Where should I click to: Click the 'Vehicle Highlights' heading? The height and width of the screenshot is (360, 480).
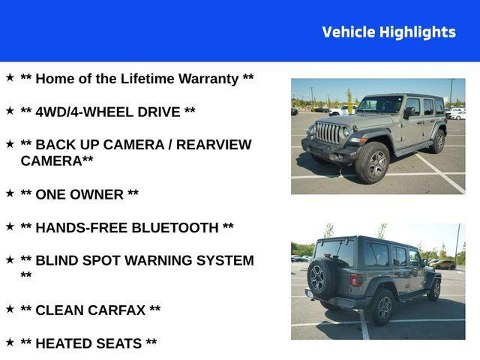(388, 32)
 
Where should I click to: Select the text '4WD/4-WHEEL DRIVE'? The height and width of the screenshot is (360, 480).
(108, 112)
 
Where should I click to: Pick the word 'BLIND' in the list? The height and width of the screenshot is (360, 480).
(58, 260)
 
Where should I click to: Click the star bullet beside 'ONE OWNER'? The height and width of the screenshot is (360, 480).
(10, 193)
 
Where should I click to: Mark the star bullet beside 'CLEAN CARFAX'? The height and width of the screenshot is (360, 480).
(10, 308)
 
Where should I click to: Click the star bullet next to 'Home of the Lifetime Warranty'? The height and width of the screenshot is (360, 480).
(10, 77)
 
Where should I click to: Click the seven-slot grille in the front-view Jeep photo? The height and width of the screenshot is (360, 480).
(327, 133)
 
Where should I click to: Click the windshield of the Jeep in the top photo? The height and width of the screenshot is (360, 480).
(380, 105)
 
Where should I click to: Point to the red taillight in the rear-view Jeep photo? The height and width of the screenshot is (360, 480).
(355, 280)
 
